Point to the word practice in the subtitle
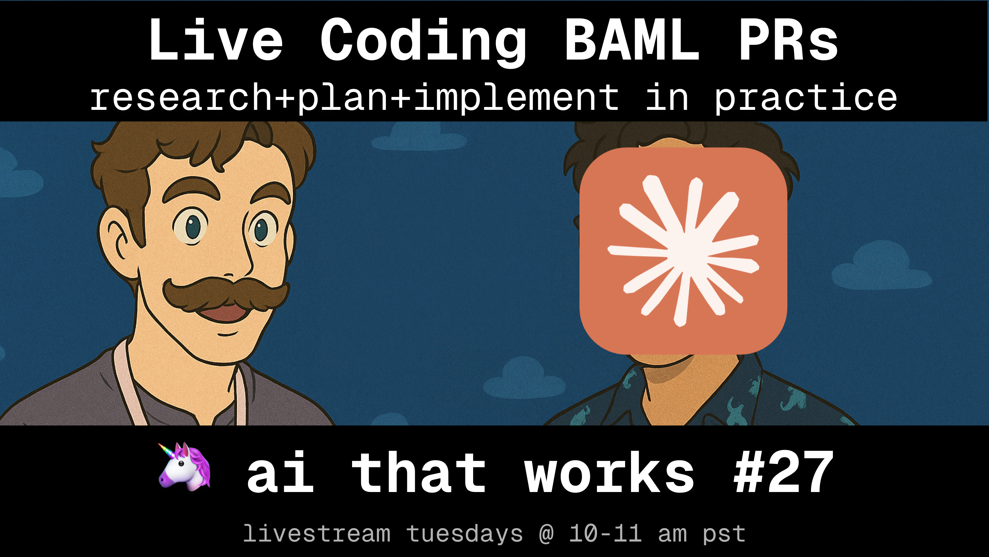[805, 98]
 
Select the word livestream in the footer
[317, 533]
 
